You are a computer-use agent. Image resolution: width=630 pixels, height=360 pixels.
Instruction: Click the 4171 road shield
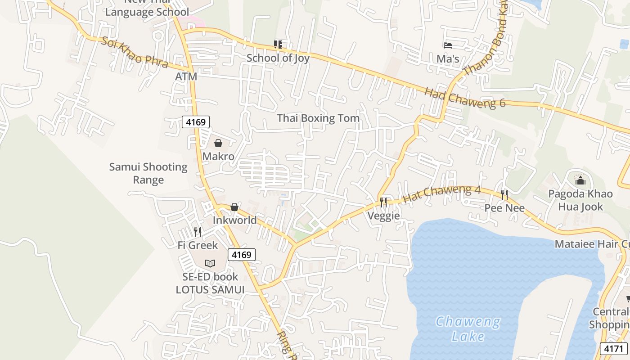[614, 349]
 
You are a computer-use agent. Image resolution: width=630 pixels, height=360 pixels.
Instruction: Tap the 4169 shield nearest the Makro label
[196, 121]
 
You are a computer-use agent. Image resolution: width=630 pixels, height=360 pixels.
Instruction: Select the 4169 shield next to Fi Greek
[241, 255]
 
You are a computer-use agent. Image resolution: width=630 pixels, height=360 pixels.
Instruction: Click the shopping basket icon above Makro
[218, 143]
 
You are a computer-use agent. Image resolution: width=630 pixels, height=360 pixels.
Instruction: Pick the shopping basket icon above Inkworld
[234, 207]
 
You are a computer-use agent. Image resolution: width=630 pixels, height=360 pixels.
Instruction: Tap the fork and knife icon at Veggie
[383, 202]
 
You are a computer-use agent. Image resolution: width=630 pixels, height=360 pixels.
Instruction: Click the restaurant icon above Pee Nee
[504, 195]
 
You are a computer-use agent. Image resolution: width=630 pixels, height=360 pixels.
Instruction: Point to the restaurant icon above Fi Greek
[198, 232]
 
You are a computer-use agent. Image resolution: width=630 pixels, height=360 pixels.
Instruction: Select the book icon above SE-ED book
[210, 263]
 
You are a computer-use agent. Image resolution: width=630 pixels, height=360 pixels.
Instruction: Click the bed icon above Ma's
[448, 45]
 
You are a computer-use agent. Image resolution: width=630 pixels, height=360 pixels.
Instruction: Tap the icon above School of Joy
[278, 44]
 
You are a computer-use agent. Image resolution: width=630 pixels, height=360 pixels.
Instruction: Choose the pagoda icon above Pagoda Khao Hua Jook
[580, 180]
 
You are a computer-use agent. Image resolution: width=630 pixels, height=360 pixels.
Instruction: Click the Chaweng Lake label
[468, 329]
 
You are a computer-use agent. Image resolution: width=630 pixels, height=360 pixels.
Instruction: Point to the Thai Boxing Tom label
[318, 118]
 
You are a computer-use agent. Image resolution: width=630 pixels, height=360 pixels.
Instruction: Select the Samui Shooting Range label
[148, 173]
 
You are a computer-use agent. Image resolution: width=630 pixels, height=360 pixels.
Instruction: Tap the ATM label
[186, 76]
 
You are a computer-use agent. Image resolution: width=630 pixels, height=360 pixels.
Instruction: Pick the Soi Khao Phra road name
[135, 52]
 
